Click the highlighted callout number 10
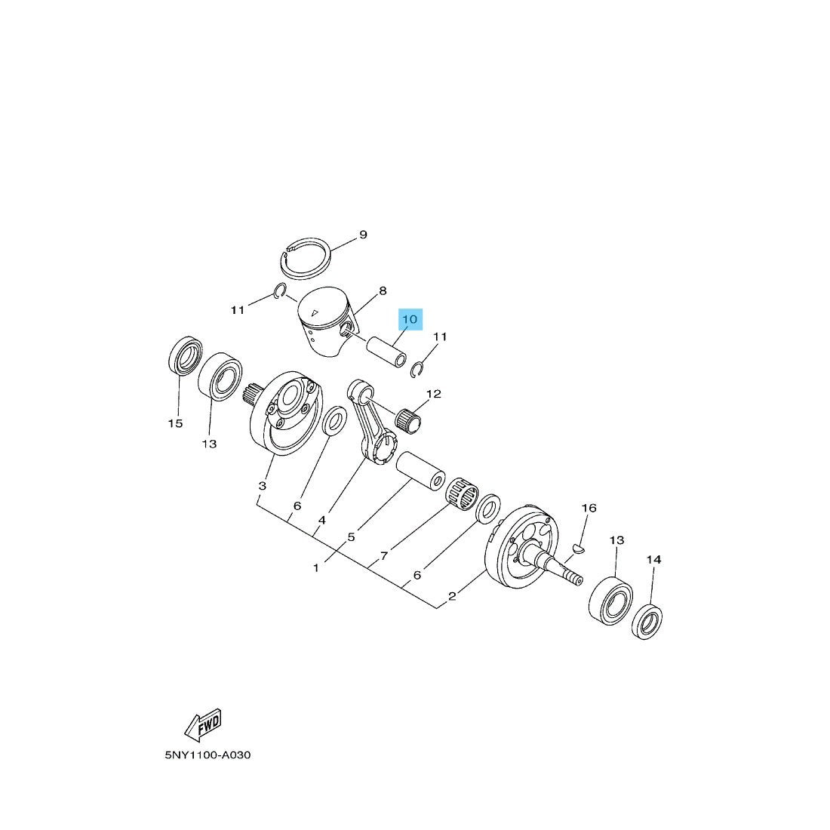[x=410, y=319]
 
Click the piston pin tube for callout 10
[x=387, y=352]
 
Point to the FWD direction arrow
[x=203, y=724]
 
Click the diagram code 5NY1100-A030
[x=207, y=755]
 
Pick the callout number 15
[x=175, y=423]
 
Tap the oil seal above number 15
[x=185, y=355]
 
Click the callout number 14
[x=653, y=560]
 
